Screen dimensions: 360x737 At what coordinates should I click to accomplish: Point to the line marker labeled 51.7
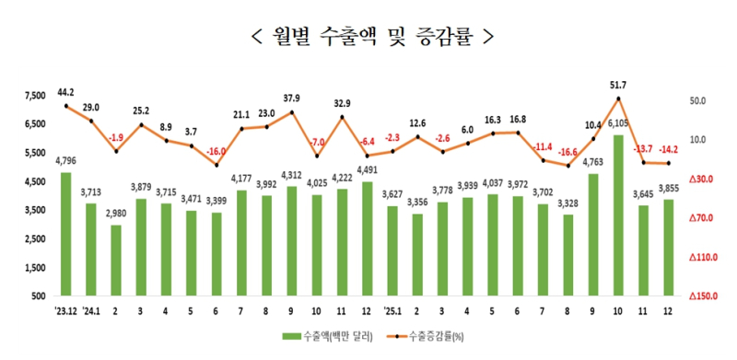click(617, 99)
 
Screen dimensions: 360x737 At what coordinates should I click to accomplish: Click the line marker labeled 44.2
click(65, 107)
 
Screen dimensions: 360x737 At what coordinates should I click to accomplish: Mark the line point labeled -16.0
click(216, 166)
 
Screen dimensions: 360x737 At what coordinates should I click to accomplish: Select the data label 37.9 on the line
click(292, 98)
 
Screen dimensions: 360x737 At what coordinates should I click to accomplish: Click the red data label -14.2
click(667, 149)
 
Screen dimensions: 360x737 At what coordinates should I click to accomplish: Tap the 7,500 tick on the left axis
click(35, 95)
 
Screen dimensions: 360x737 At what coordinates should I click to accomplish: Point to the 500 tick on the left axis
click(39, 296)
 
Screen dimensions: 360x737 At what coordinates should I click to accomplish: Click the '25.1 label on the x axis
click(392, 309)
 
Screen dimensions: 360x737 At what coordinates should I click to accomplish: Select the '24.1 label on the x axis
click(90, 309)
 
